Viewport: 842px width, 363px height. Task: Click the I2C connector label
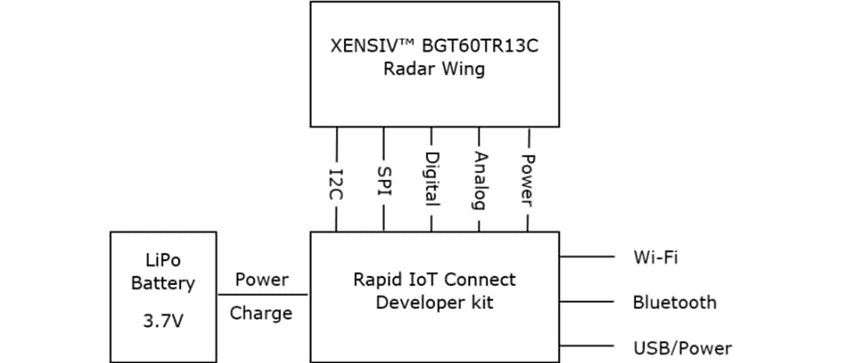[x=337, y=185]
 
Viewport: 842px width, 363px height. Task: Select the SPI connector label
[x=384, y=180]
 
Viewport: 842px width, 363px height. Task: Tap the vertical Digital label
[x=431, y=179]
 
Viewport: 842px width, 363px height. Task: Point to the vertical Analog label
[x=479, y=180]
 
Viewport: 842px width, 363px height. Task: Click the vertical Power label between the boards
[x=528, y=179]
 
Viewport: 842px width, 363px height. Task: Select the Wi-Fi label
[x=656, y=256]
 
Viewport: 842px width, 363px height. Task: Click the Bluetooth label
[x=674, y=302]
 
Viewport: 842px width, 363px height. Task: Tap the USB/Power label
[x=682, y=348]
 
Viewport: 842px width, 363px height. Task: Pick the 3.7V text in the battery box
[x=162, y=322]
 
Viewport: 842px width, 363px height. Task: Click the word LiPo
[x=163, y=259]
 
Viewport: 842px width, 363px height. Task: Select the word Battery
[x=163, y=283]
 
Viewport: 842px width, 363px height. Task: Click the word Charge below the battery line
[x=261, y=314]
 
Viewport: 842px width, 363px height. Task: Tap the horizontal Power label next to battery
[x=262, y=279]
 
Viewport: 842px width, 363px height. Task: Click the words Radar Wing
[x=433, y=69]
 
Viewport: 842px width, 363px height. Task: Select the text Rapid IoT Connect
[x=434, y=279]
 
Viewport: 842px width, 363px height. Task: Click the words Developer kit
[x=434, y=302]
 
